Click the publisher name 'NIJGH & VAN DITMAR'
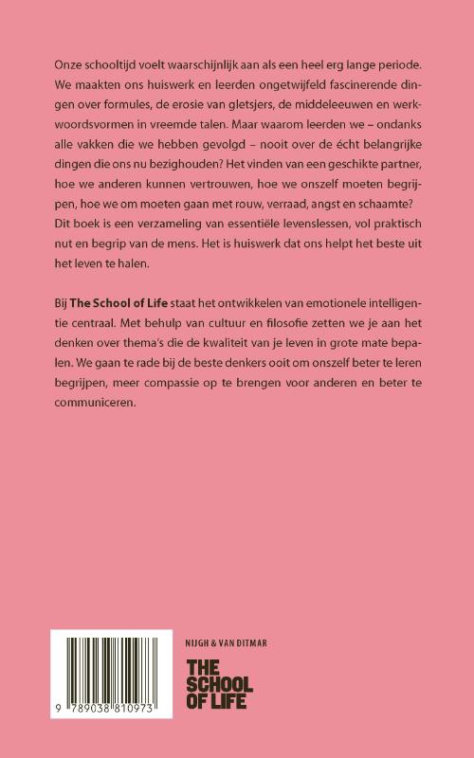tap(228, 643)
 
